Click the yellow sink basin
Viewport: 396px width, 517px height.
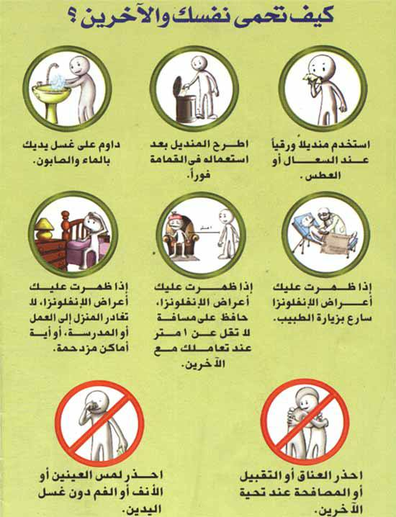pyautogui.click(x=51, y=92)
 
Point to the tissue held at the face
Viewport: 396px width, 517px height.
pyautogui.click(x=310, y=78)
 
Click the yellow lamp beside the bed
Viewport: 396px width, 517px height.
pyautogui.click(x=45, y=228)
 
